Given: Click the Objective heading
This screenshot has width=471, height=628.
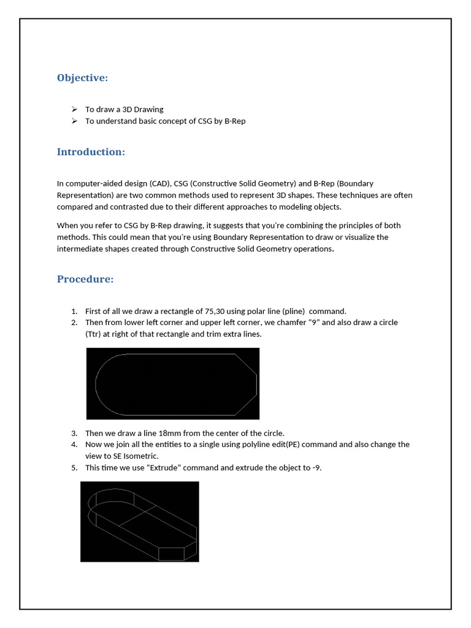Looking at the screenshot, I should [82, 78].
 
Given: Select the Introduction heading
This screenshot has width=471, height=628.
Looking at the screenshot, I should [91, 151].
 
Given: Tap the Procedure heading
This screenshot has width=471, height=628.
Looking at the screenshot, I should [85, 279].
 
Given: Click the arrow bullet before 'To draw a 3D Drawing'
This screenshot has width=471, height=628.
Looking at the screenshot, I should [74, 109].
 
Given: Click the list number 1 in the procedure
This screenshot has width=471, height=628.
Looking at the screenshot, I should [74, 311].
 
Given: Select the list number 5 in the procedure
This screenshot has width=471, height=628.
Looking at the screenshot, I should [74, 467].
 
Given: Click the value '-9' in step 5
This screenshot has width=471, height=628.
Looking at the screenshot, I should [316, 467].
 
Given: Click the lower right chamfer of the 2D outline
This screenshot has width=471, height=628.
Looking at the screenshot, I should [247, 405].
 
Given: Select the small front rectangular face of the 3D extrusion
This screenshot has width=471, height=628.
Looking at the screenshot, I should [171, 553].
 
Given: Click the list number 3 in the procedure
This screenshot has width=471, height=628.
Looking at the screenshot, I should [74, 433].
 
